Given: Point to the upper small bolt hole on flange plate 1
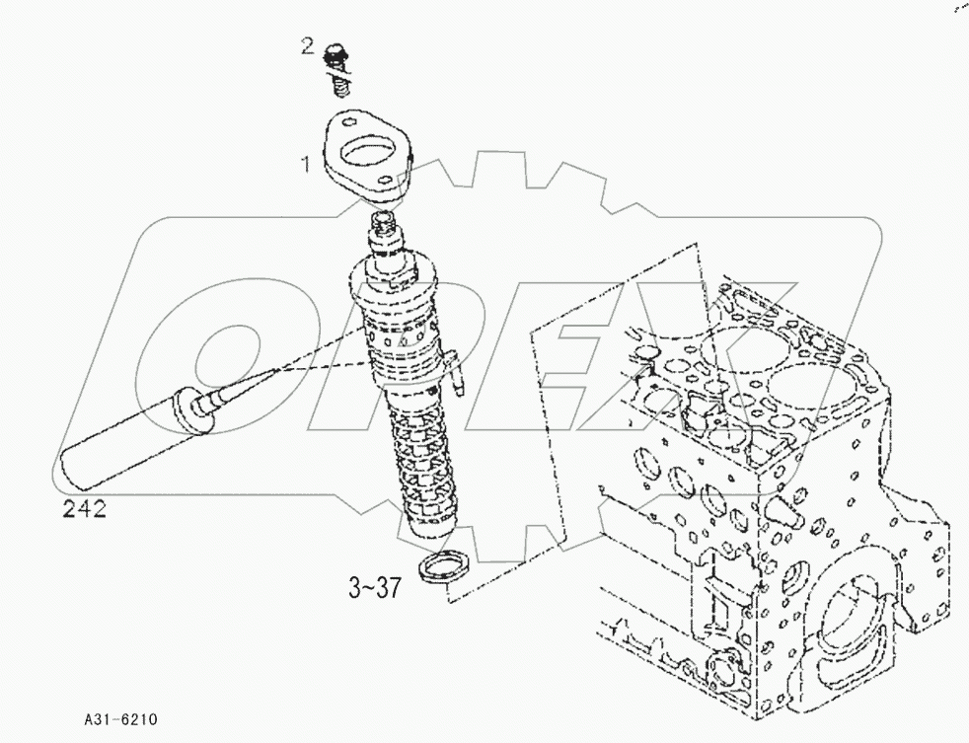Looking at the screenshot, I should (347, 123).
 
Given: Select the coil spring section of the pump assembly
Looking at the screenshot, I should (425, 464).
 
